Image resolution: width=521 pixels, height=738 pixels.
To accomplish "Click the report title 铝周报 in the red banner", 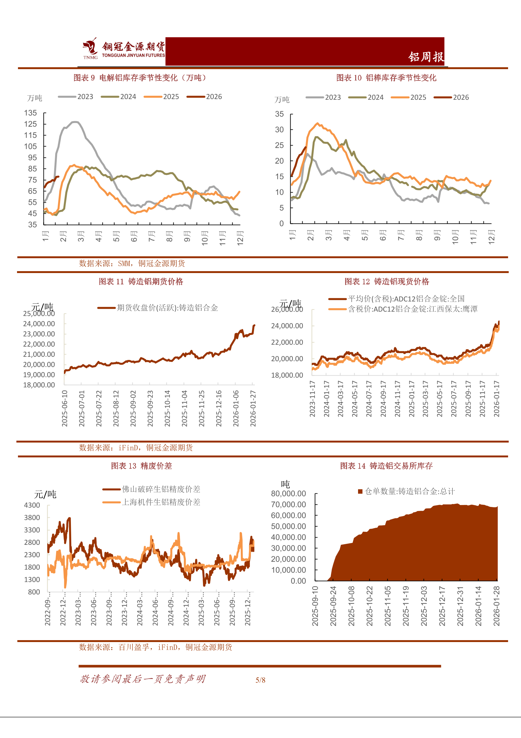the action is [426, 57].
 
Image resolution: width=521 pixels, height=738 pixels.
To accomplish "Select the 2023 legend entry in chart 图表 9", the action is [76, 97].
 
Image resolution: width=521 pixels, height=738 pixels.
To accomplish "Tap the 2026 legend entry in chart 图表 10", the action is [451, 98].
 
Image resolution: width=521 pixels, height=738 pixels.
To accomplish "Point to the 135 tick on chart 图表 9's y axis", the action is [31, 113].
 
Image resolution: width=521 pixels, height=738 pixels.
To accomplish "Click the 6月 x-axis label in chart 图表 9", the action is [134, 236].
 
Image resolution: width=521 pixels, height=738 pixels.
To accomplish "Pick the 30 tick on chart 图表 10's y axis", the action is [279, 129].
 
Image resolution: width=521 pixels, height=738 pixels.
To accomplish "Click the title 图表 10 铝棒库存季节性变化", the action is [386, 78].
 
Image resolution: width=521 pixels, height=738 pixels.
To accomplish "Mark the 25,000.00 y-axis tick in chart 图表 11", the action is [39, 313].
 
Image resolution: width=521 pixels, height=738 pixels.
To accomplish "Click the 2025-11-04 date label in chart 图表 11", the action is [184, 408].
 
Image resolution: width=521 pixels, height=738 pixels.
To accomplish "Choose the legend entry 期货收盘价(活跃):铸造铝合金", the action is [158, 308].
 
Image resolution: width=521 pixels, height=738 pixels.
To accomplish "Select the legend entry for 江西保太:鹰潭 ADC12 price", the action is [403, 309].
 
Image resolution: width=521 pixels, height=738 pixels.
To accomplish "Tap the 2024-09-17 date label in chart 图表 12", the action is [383, 399].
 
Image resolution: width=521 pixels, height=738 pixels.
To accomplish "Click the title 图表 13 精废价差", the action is [142, 466].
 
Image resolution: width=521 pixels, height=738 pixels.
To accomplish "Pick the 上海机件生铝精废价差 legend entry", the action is [151, 503].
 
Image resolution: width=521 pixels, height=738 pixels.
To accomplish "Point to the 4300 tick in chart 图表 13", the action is [32, 505].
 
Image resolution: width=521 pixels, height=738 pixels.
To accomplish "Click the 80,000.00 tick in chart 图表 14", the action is [288, 494].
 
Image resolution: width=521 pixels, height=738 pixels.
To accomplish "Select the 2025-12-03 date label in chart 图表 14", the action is [424, 606].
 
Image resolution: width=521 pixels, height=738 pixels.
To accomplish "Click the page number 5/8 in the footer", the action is [260, 680].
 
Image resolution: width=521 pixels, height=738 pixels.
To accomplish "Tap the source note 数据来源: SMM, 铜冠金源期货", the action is [132, 264].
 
